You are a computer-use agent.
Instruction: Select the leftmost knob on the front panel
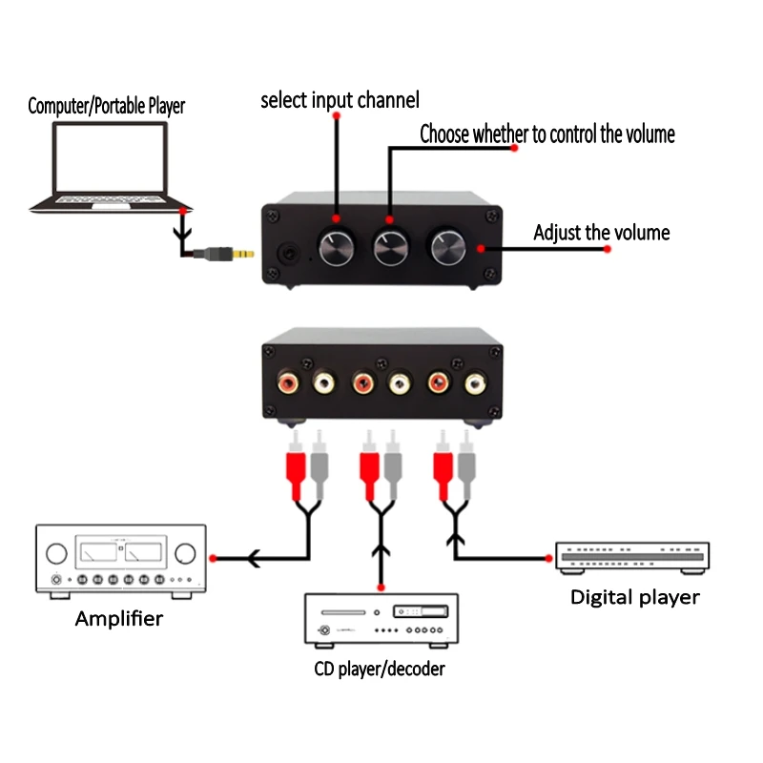pos(336,246)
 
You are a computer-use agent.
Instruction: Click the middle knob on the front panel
pos(390,246)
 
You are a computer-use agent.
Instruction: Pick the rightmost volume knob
pos(445,246)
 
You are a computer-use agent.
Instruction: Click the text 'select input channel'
pos(340,100)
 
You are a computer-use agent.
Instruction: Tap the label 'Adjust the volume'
pos(601,233)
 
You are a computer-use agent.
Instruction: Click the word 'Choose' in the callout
pos(444,134)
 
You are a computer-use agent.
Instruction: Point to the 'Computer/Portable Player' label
pos(106,106)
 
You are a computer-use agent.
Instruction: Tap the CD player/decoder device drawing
pos(381,622)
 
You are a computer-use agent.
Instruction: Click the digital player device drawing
pos(633,557)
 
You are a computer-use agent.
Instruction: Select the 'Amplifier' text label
pos(119,619)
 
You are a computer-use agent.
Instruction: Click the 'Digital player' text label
pos(634,598)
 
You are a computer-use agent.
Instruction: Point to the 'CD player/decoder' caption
pos(380,670)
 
